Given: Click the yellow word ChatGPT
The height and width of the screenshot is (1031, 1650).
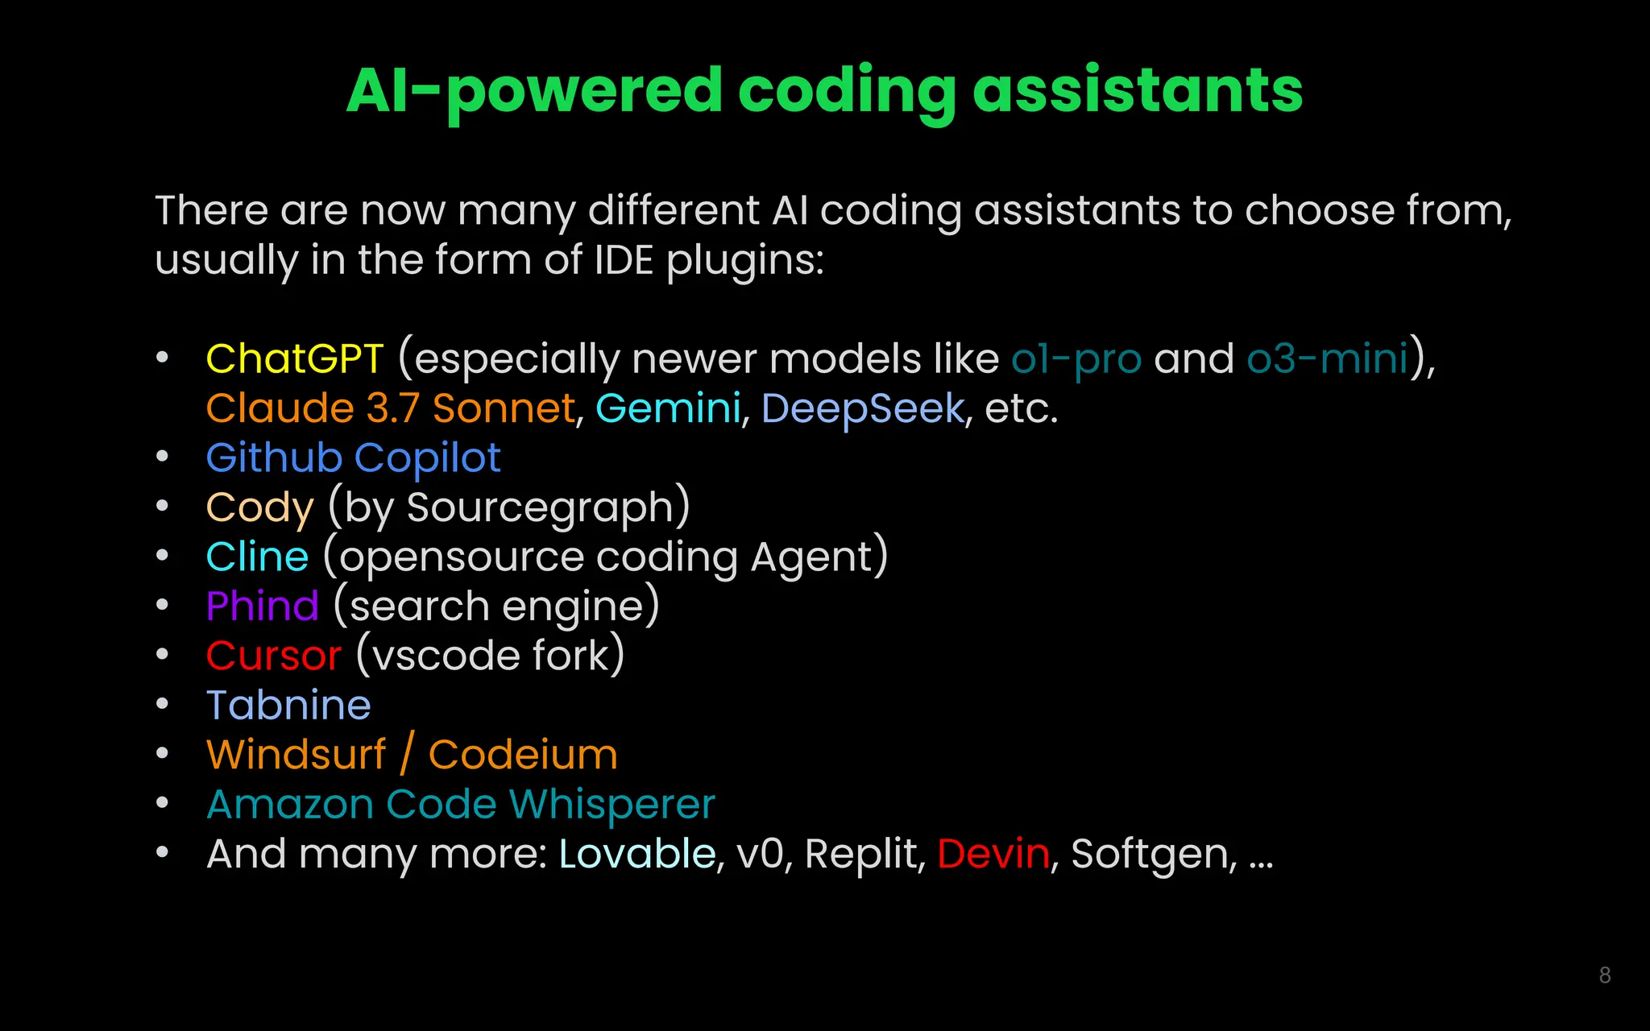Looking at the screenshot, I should coord(295,358).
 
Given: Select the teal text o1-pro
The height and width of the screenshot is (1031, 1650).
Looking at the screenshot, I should coord(1076,358).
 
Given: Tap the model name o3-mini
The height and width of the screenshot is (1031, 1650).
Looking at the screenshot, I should coord(1327,358).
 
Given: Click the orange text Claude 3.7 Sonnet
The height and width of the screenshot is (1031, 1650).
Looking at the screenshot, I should coord(391,408).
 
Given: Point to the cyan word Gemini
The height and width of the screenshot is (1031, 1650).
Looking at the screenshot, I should coord(668,408).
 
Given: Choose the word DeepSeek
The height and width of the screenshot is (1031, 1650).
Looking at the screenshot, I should coord(862,408).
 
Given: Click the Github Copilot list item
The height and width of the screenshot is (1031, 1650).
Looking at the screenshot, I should coord(354,458).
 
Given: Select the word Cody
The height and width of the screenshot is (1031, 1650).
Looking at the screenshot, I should coord(259,508).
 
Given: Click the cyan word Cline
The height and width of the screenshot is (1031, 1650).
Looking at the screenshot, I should coord(258,557).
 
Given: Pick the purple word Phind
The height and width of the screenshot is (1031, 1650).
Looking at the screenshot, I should coord(263,606).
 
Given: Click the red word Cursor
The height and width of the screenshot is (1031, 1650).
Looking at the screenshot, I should coord(274,656).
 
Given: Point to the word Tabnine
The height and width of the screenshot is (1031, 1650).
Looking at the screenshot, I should coord(288,705).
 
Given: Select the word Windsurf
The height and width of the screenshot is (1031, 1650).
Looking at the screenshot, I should coord(296,755).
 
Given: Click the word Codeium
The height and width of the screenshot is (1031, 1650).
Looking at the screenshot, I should coord(523,755).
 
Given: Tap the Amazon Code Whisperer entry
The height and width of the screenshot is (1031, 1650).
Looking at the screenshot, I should coord(461,804).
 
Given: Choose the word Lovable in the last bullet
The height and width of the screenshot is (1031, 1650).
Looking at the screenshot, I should coord(637,854).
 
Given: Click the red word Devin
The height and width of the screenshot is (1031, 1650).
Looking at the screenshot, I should coord(993,854).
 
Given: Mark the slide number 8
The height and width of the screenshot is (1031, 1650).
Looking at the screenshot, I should coord(1604,975).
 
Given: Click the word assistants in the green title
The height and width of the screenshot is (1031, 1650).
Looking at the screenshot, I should coord(1137,90).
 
